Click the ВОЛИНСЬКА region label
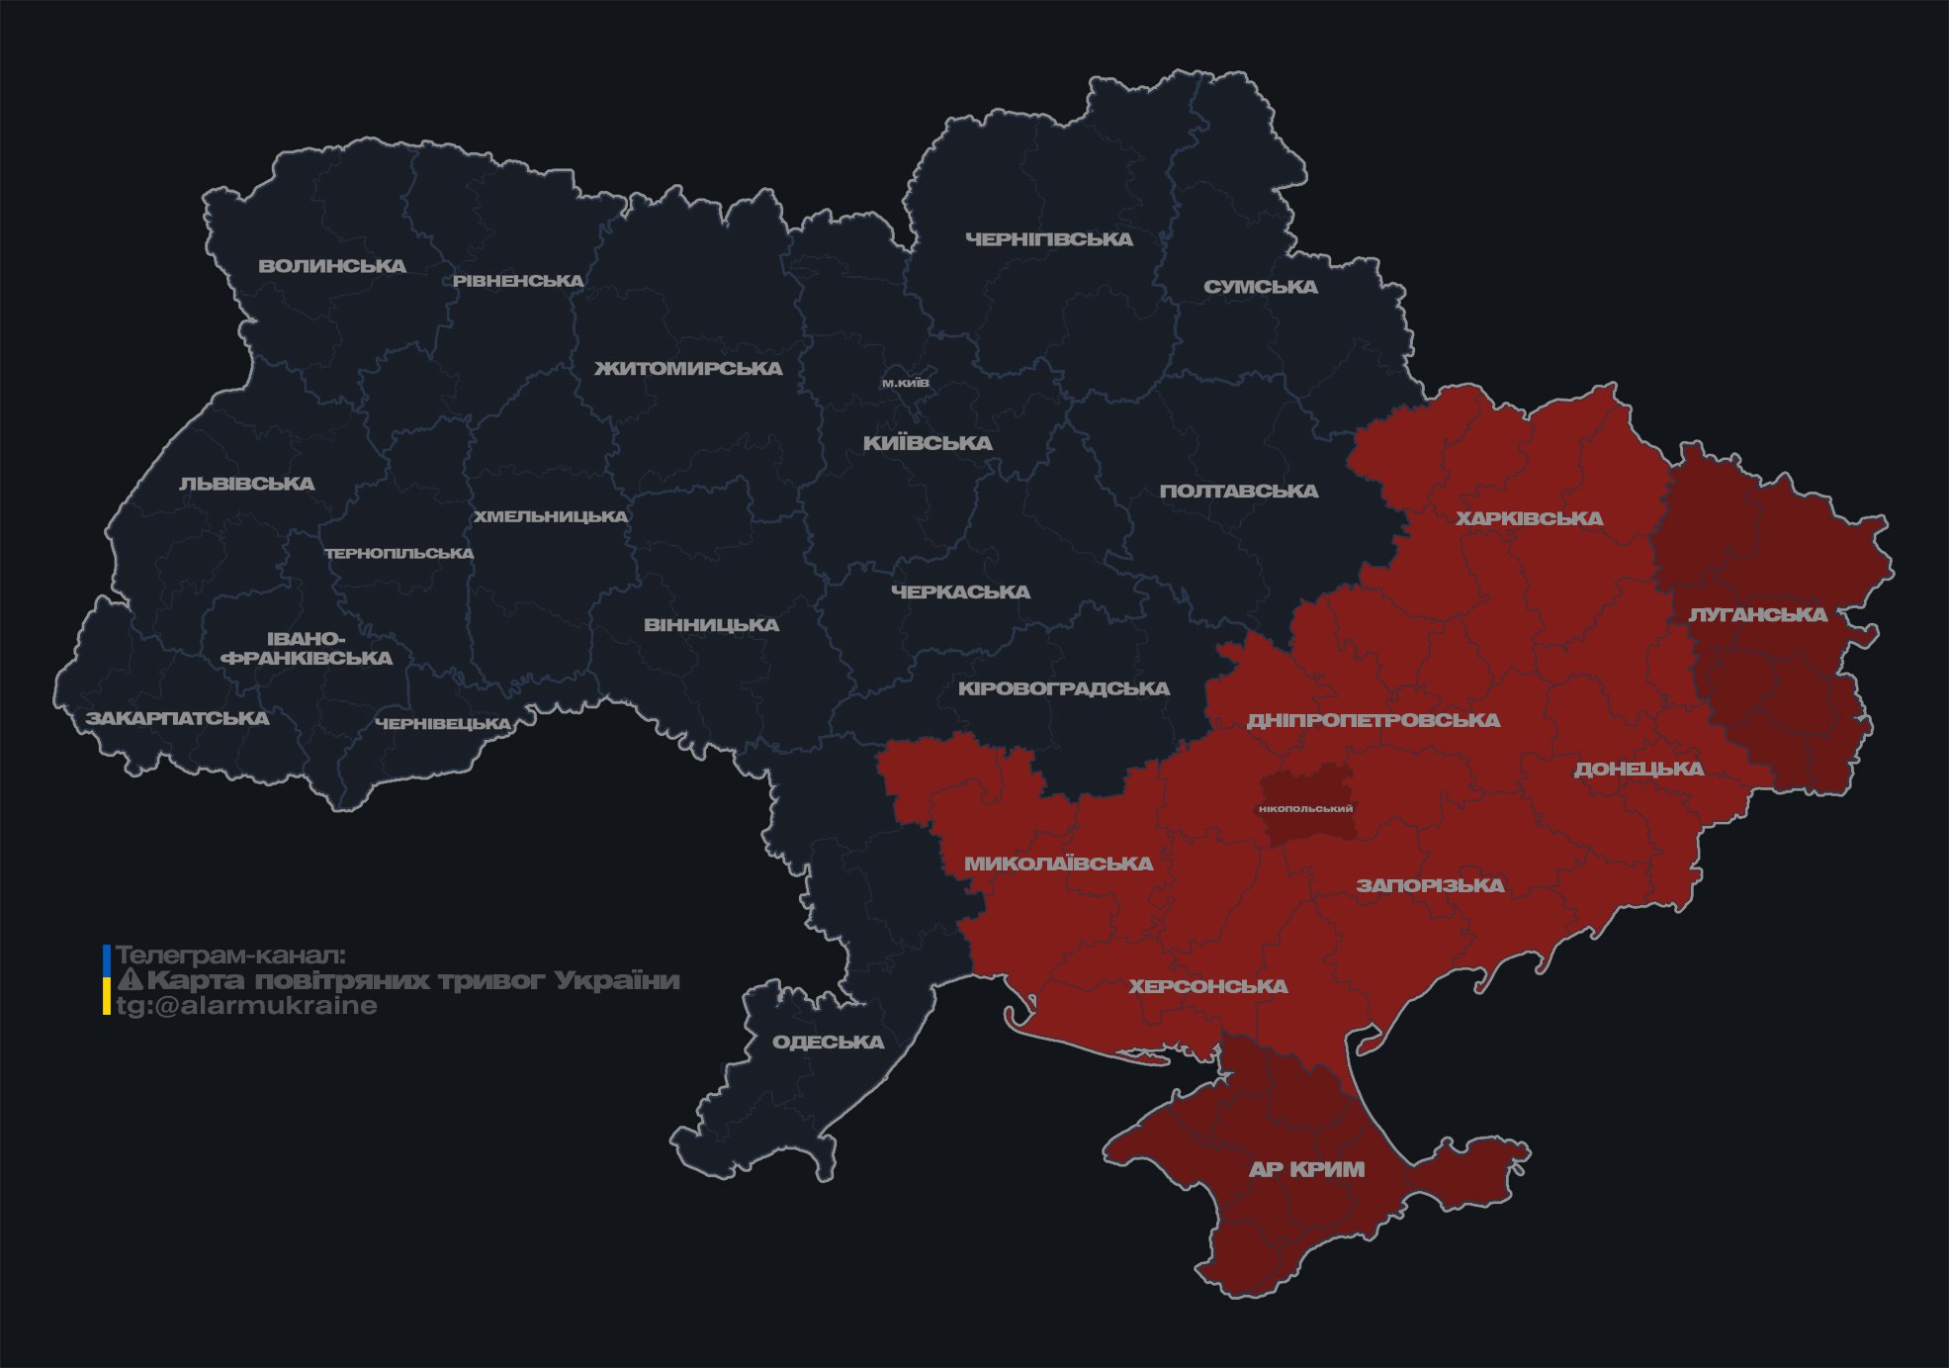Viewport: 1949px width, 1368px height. click(332, 266)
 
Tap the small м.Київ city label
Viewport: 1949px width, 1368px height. click(905, 383)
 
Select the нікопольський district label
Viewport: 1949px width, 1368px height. click(1305, 809)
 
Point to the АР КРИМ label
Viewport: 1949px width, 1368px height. click(1306, 1169)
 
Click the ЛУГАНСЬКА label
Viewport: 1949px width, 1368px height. click(1757, 615)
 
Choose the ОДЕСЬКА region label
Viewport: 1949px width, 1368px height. click(828, 1043)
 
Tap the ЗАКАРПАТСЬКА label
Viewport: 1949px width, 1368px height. click(177, 718)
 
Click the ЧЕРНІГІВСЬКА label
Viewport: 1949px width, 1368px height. click(1048, 239)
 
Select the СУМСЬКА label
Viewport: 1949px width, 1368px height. click(1260, 287)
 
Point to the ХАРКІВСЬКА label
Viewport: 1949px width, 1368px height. click(1529, 518)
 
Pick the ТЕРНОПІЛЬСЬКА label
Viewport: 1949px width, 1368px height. click(399, 554)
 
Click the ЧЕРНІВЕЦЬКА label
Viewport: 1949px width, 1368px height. click(443, 724)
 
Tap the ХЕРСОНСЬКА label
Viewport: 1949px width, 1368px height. click(1207, 986)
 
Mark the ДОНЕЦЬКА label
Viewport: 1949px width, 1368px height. click(1639, 769)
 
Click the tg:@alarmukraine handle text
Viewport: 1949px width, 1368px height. click(246, 1006)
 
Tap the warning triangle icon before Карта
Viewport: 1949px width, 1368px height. click(130, 980)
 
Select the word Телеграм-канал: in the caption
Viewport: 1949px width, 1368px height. click(230, 956)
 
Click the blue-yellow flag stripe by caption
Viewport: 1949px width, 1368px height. click(107, 980)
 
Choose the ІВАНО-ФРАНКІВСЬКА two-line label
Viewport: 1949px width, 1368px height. click(307, 649)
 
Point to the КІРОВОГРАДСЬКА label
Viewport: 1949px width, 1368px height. click(1063, 688)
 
